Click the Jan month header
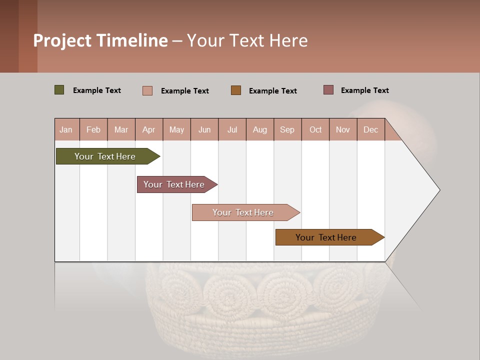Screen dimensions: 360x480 coord(66,129)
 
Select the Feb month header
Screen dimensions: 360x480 coord(93,129)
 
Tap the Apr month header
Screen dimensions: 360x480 coord(148,129)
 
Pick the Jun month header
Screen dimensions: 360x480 coord(204,129)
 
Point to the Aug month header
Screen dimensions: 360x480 coord(259,129)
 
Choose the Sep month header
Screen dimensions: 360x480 coord(287,129)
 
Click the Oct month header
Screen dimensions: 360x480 coord(315,129)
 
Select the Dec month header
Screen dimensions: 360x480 coord(370,129)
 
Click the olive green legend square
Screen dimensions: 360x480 coord(59,90)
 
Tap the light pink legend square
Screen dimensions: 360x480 coord(147,90)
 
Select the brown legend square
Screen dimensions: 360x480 coord(235,90)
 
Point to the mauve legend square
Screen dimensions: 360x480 coord(328,90)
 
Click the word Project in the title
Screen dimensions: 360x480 coord(62,40)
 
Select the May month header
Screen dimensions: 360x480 coord(176,129)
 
